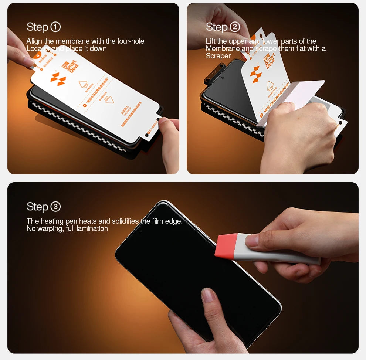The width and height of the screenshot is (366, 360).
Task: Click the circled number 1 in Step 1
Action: point(55,27)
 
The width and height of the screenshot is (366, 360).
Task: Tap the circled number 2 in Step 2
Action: point(235,27)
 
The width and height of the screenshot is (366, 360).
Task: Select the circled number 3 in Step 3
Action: point(55,207)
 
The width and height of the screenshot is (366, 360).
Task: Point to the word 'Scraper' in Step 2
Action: point(218,56)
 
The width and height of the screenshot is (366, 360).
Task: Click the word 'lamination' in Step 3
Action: point(92,228)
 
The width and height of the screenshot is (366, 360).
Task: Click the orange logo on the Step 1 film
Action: point(58,79)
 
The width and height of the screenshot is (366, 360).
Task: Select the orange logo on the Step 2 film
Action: point(256,74)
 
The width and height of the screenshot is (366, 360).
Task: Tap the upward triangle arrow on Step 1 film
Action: point(84,84)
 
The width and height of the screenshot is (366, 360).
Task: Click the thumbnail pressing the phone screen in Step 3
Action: point(209,296)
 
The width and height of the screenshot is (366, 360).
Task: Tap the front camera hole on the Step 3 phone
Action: point(141,232)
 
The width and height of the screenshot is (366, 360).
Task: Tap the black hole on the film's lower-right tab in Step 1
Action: point(147,135)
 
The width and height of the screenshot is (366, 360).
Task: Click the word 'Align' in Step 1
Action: point(34,41)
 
